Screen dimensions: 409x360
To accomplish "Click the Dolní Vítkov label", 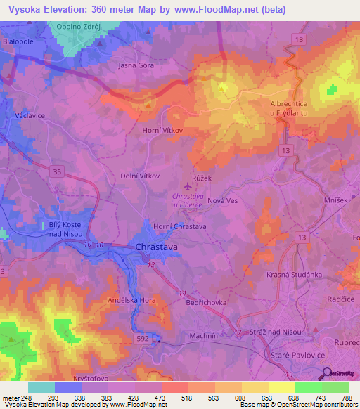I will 141,176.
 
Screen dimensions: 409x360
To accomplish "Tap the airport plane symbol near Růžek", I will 187,186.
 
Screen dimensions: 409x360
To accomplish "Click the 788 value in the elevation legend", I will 346,397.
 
